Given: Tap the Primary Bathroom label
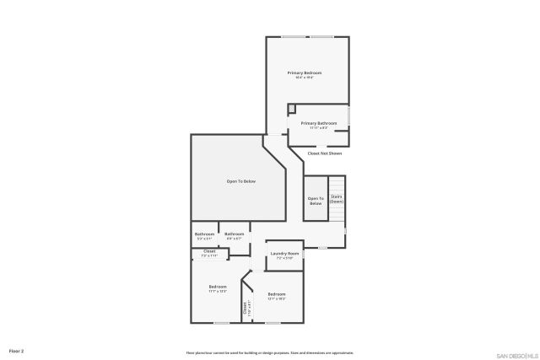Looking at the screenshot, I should coord(318,123).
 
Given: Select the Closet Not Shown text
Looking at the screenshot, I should coord(324,153).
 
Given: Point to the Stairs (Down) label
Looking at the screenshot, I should coord(336,199).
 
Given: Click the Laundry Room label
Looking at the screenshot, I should coord(284,253).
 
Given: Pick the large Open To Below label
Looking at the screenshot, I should coord(240,181).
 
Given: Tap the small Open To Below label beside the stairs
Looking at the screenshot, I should coord(315,201).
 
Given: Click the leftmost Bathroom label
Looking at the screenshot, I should coord(204,234).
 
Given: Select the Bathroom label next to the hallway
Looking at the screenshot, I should coord(234,234).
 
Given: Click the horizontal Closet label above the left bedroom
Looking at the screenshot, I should coord(209,250).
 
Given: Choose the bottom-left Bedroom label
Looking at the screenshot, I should coord(218,287).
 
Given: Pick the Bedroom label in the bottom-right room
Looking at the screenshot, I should coord(277,294).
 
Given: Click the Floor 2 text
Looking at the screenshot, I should coord(17,350).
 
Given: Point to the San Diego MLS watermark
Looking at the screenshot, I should coord(516,354).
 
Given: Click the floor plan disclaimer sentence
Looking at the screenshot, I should coord(269,352).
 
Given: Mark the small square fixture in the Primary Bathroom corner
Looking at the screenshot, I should coord(292,108).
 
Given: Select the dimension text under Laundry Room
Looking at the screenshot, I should coord(284,258).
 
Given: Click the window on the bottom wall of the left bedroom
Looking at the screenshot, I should coord(221,322).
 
